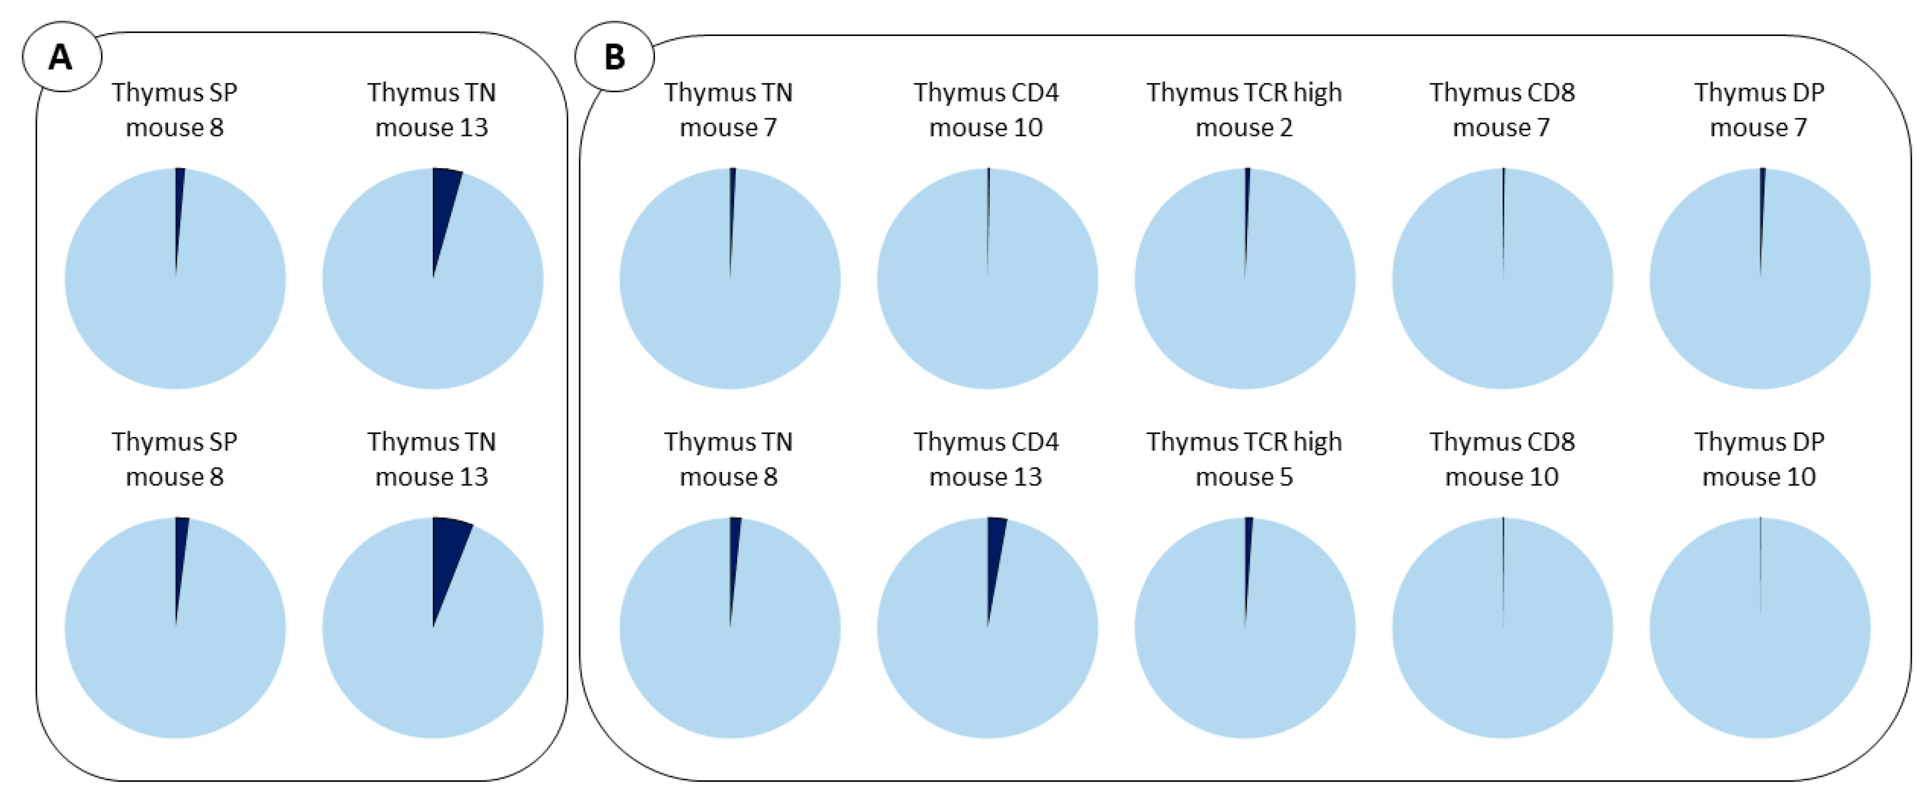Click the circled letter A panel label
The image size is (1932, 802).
[x=62, y=57]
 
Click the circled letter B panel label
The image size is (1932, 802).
[x=614, y=57]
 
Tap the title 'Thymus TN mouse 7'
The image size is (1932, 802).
[x=728, y=109]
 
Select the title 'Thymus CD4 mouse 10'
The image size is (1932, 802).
[x=985, y=109]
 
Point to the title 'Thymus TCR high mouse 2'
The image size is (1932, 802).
[x=1244, y=109]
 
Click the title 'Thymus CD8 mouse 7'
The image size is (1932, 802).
[x=1502, y=109]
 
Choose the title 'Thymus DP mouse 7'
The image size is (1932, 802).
[x=1759, y=109]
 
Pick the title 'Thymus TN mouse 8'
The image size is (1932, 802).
[x=728, y=459]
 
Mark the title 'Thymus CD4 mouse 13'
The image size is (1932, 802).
[x=985, y=459]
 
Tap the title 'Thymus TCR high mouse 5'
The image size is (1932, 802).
[x=1244, y=459]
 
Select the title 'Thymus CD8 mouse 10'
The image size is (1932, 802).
[x=1502, y=459]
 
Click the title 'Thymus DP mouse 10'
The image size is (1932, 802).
[x=1759, y=459]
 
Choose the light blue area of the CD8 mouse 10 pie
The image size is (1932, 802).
[x=1502, y=660]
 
